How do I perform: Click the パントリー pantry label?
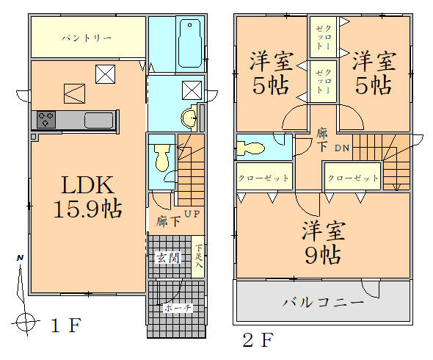[86, 37]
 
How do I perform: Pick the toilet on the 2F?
[252, 147]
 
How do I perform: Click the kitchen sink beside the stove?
[98, 120]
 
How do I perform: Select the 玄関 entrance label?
[166, 257]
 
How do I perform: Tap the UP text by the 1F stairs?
[191, 215]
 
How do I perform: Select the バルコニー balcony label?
[322, 302]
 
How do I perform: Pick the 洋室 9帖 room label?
[322, 242]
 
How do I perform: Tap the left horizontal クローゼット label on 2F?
[263, 178]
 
